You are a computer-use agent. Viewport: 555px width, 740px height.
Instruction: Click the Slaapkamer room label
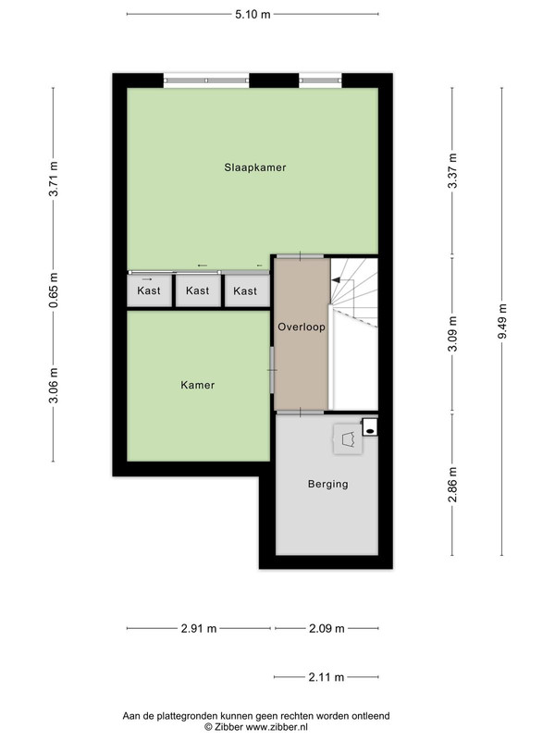[255, 167]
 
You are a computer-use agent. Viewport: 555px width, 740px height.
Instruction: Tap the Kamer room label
[198, 385]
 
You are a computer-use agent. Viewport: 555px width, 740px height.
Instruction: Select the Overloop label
[302, 327]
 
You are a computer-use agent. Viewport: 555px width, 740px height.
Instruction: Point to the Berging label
[328, 484]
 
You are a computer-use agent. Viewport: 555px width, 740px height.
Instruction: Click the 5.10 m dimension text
[253, 14]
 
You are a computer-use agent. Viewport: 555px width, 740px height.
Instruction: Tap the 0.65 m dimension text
[54, 290]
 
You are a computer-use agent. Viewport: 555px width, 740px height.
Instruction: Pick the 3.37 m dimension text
[452, 171]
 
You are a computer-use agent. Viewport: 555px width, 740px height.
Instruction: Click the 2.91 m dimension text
[199, 629]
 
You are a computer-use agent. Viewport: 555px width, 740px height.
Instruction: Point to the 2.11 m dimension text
[327, 677]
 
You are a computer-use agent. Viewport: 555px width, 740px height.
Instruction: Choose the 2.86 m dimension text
[452, 485]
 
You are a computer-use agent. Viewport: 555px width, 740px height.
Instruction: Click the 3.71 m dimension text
[54, 179]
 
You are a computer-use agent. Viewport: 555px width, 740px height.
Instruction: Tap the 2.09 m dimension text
[327, 629]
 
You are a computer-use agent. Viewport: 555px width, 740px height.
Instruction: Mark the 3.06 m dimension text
[54, 386]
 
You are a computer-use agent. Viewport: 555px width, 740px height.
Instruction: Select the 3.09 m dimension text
[452, 334]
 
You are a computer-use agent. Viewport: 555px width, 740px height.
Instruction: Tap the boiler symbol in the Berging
[349, 438]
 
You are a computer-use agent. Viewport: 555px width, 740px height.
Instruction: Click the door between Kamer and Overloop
[272, 370]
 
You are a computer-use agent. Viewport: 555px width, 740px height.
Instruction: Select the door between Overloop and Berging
[300, 413]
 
